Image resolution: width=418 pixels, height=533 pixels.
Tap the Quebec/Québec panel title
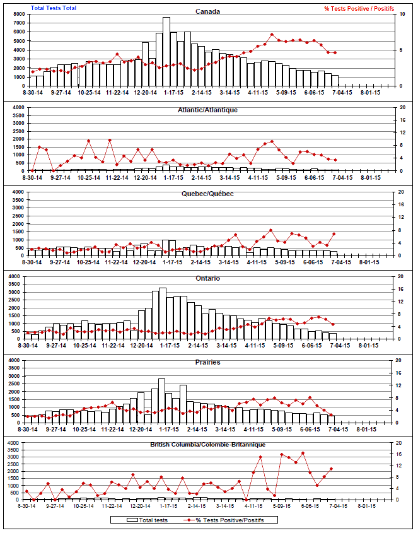(x=208, y=194)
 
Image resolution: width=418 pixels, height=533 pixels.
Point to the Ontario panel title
(x=207, y=278)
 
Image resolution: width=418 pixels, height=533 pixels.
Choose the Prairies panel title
(x=207, y=363)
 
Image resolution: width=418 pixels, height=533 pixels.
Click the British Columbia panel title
(x=207, y=445)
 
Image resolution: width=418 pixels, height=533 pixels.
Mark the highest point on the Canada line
(x=272, y=35)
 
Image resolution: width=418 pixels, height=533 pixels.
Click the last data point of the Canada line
(x=335, y=53)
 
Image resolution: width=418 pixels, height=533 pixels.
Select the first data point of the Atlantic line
(x=32, y=170)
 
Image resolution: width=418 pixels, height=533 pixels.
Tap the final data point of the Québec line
(x=334, y=233)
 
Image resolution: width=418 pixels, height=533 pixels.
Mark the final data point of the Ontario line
(x=333, y=324)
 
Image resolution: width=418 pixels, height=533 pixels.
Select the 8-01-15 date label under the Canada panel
(x=369, y=93)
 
